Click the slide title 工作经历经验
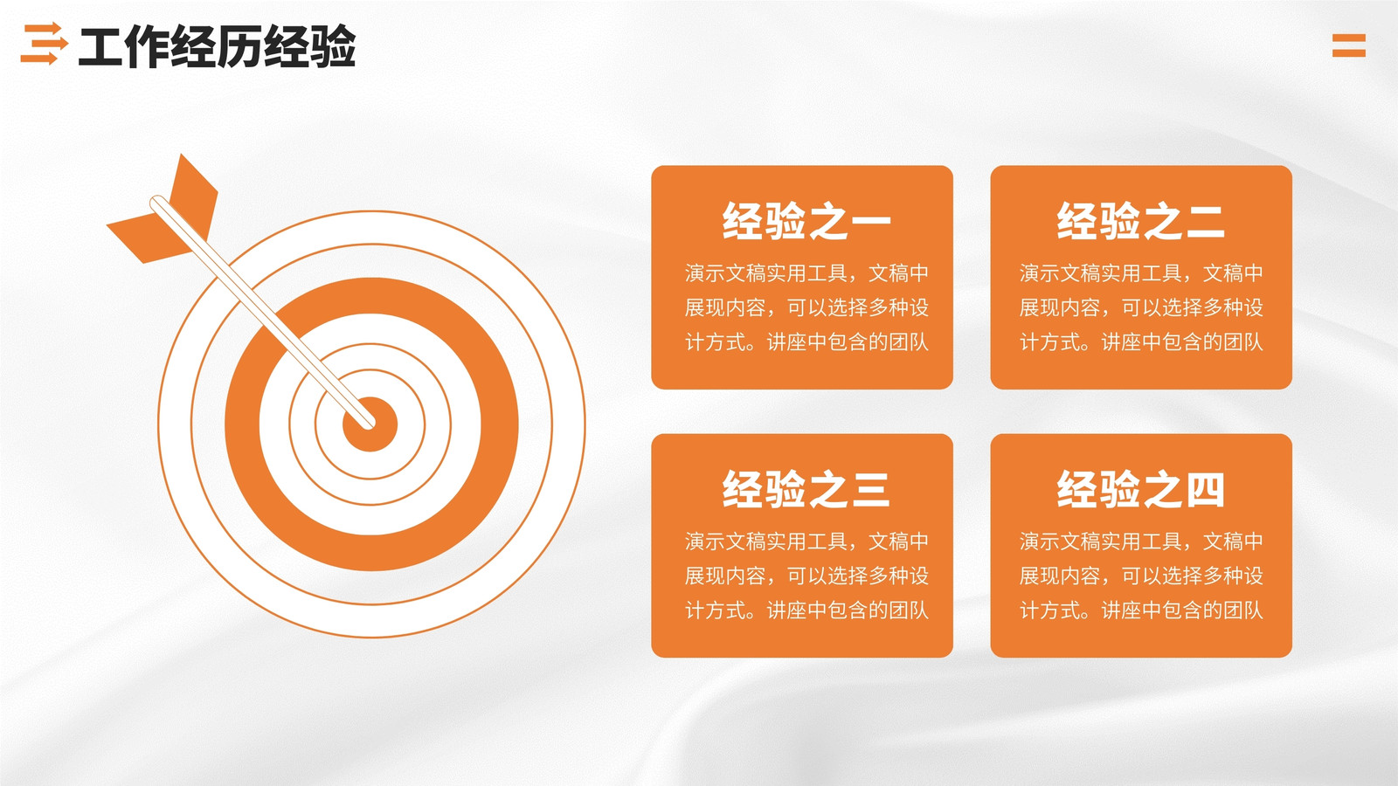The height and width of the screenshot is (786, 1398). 218,46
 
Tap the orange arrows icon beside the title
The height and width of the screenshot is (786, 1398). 44,44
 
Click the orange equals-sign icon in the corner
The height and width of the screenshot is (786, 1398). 1349,45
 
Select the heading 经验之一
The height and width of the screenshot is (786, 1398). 806,221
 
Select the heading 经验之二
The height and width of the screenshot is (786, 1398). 1140,221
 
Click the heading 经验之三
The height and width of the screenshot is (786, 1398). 806,489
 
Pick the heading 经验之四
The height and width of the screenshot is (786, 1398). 1140,489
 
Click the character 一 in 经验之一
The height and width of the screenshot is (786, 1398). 870,221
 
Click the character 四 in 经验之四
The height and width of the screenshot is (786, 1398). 1205,489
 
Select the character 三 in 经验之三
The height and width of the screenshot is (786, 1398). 870,489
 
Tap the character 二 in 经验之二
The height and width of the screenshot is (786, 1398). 1205,221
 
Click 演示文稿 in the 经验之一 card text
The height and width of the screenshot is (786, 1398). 725,272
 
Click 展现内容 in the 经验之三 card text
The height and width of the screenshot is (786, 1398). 725,576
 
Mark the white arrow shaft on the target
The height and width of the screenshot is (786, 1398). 262,312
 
